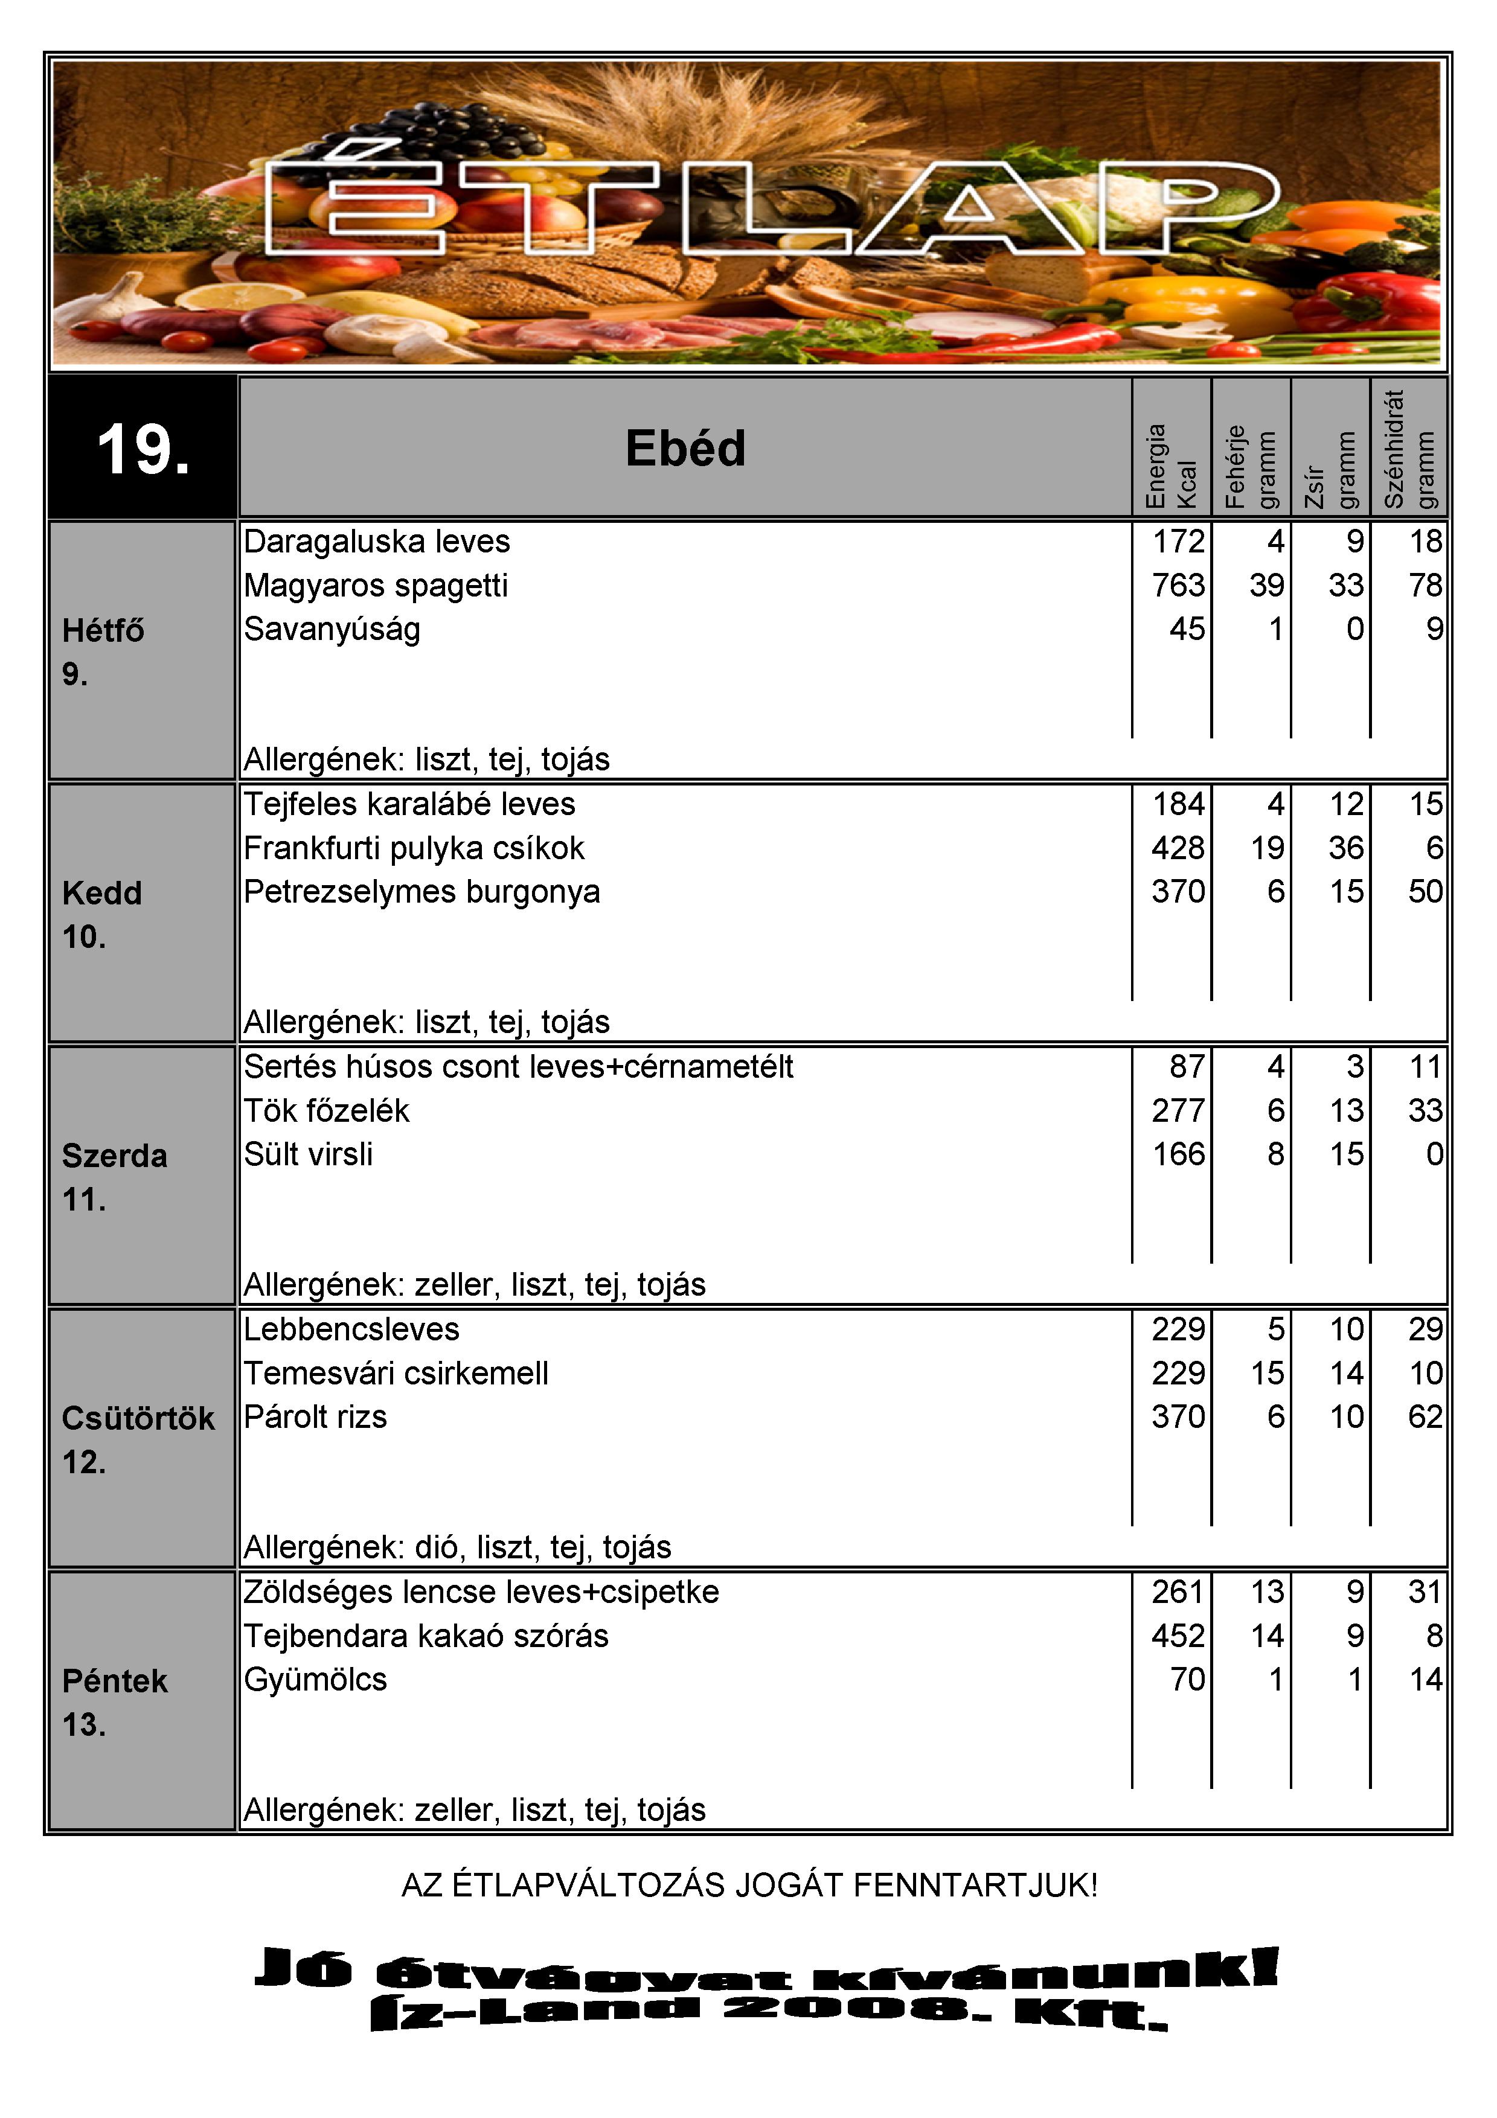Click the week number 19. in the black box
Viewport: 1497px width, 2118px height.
coord(143,450)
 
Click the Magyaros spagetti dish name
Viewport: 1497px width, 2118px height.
coord(376,585)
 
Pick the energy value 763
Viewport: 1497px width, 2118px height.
coord(1178,585)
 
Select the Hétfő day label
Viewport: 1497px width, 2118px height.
coord(103,631)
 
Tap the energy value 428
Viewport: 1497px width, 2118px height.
coord(1178,848)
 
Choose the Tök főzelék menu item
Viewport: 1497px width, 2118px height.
coord(327,1111)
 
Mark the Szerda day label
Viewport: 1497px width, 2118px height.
coord(114,1156)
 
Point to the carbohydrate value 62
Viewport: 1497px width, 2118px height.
coord(1425,1417)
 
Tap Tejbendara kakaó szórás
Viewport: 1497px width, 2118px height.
coord(426,1636)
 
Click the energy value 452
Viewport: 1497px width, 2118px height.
coord(1178,1636)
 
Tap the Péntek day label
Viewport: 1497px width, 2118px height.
coord(114,1681)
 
